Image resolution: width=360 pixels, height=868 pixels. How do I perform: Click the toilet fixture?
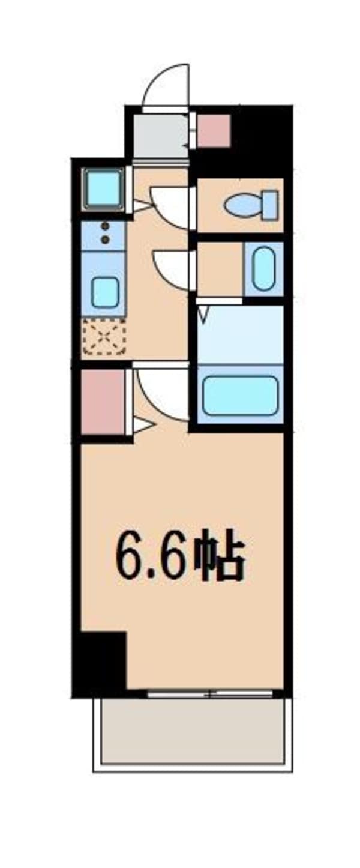coord(252,205)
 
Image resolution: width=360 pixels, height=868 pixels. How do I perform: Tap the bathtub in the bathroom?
coord(240,395)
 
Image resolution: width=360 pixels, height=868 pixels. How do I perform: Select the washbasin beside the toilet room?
coord(263,269)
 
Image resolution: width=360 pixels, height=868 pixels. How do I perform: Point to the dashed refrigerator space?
coord(104,336)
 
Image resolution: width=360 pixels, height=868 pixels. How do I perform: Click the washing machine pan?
coord(103,189)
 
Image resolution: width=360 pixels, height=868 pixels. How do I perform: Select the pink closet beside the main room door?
coord(103,402)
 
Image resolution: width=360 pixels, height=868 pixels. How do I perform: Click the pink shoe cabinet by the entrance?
coord(214,131)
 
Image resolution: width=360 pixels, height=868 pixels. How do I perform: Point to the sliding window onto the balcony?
coord(210,695)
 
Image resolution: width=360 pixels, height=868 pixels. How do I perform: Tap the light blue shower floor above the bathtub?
coord(240,334)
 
